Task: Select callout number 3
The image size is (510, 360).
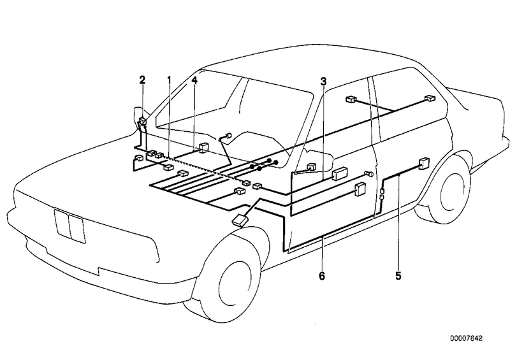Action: pos(324,81)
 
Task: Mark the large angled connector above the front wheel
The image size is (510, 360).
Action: pos(240,220)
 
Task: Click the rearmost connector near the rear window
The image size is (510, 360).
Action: pos(429,99)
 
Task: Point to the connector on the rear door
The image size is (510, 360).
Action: pos(423,162)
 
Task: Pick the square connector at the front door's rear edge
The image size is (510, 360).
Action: pos(360,188)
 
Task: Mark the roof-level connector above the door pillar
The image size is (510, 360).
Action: pos(350,99)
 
